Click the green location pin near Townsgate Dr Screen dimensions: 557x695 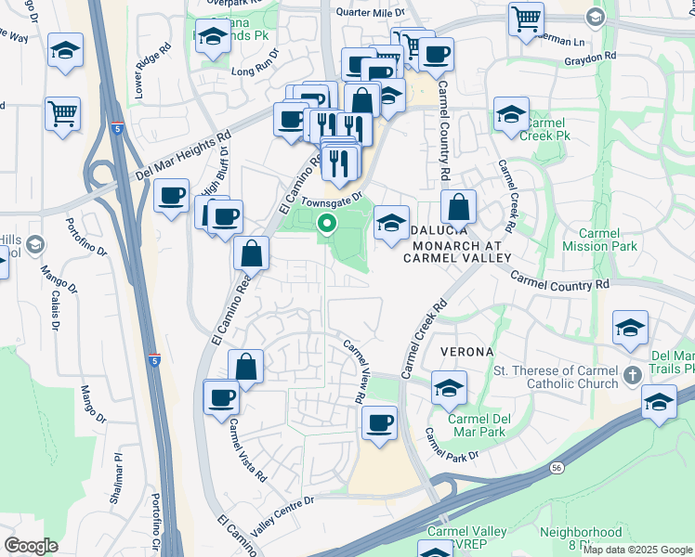coord(327,223)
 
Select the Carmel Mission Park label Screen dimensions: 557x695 coord(599,240)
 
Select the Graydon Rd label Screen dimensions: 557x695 coord(590,57)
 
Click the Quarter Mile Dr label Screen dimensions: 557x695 coord(371,14)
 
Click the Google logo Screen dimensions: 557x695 coord(31,545)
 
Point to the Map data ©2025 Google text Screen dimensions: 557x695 coord(637,550)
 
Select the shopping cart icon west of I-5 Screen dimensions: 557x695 coord(62,114)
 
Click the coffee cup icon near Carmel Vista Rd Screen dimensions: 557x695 coord(222,398)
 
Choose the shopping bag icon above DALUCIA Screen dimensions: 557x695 coord(458,206)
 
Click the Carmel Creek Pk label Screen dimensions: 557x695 coord(545,129)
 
